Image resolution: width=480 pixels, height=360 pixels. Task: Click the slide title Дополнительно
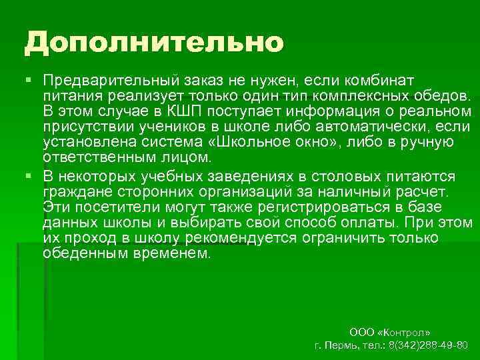click(x=154, y=43)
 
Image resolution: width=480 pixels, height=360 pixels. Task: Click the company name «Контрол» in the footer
click(x=406, y=331)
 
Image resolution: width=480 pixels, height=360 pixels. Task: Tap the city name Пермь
click(x=341, y=345)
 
